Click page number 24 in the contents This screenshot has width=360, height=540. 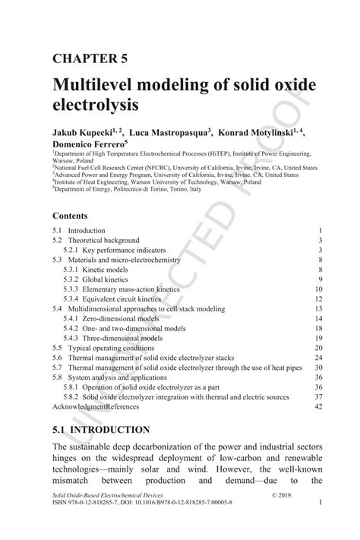(x=319, y=358)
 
